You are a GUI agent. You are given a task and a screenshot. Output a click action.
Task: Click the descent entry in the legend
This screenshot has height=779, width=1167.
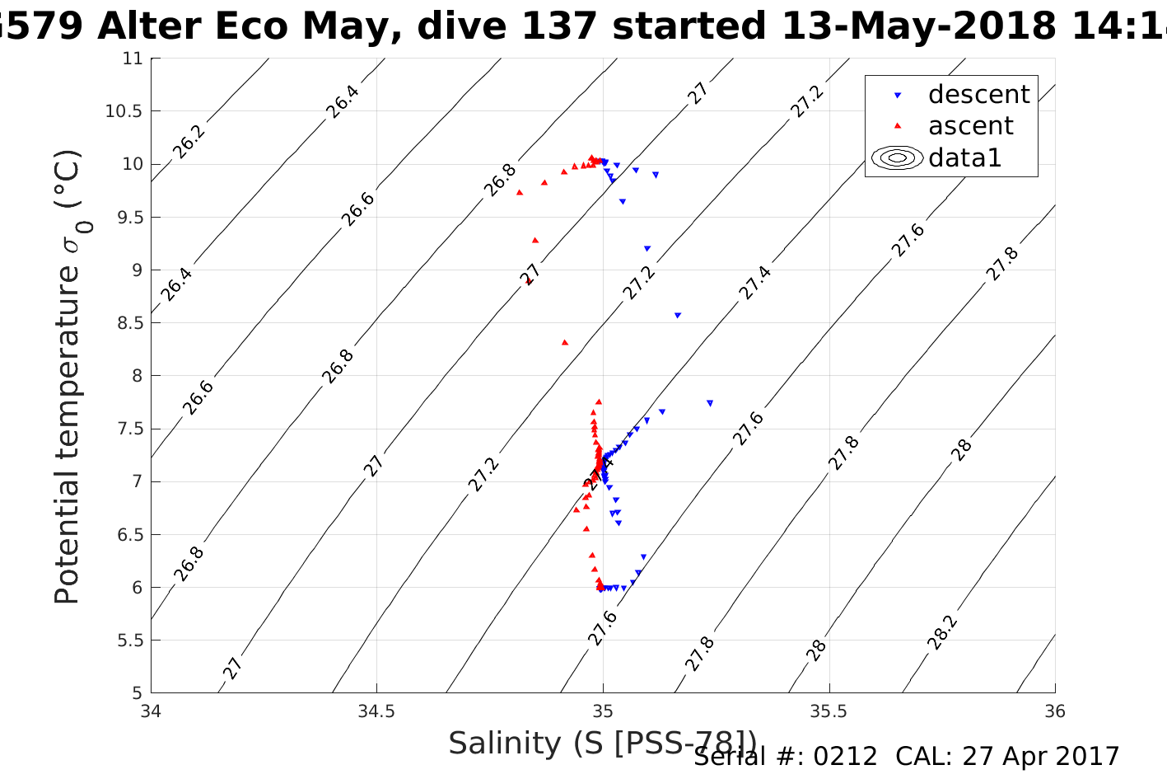point(978,95)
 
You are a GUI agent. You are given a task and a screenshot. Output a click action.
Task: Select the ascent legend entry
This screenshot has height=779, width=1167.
point(970,126)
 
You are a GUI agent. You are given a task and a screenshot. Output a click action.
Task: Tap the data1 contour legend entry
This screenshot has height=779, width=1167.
point(964,157)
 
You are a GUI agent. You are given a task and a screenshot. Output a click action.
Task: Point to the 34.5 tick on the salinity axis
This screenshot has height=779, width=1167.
point(376,711)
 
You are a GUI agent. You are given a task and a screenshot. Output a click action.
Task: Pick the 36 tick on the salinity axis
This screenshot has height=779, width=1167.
point(1054,711)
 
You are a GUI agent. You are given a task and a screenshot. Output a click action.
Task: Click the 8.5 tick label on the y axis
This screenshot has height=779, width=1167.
point(128,323)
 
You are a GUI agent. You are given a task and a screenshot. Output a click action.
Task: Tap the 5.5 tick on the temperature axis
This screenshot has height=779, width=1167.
point(128,641)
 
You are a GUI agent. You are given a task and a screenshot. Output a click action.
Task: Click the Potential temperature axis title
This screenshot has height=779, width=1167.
point(69,377)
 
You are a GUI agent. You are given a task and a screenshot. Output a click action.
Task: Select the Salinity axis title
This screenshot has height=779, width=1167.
point(601,744)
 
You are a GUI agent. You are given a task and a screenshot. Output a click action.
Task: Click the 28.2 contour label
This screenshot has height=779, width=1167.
point(943,632)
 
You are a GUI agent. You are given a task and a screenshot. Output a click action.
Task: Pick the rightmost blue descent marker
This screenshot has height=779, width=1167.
point(710,403)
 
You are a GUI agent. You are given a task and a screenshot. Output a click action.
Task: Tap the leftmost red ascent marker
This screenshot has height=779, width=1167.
point(520,192)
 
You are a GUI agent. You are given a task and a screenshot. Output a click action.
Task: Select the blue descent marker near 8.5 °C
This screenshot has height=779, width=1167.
point(678,315)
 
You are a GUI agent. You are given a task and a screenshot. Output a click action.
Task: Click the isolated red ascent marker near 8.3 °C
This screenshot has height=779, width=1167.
point(565,342)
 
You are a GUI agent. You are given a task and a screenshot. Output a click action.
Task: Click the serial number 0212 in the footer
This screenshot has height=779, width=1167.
point(845,757)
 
